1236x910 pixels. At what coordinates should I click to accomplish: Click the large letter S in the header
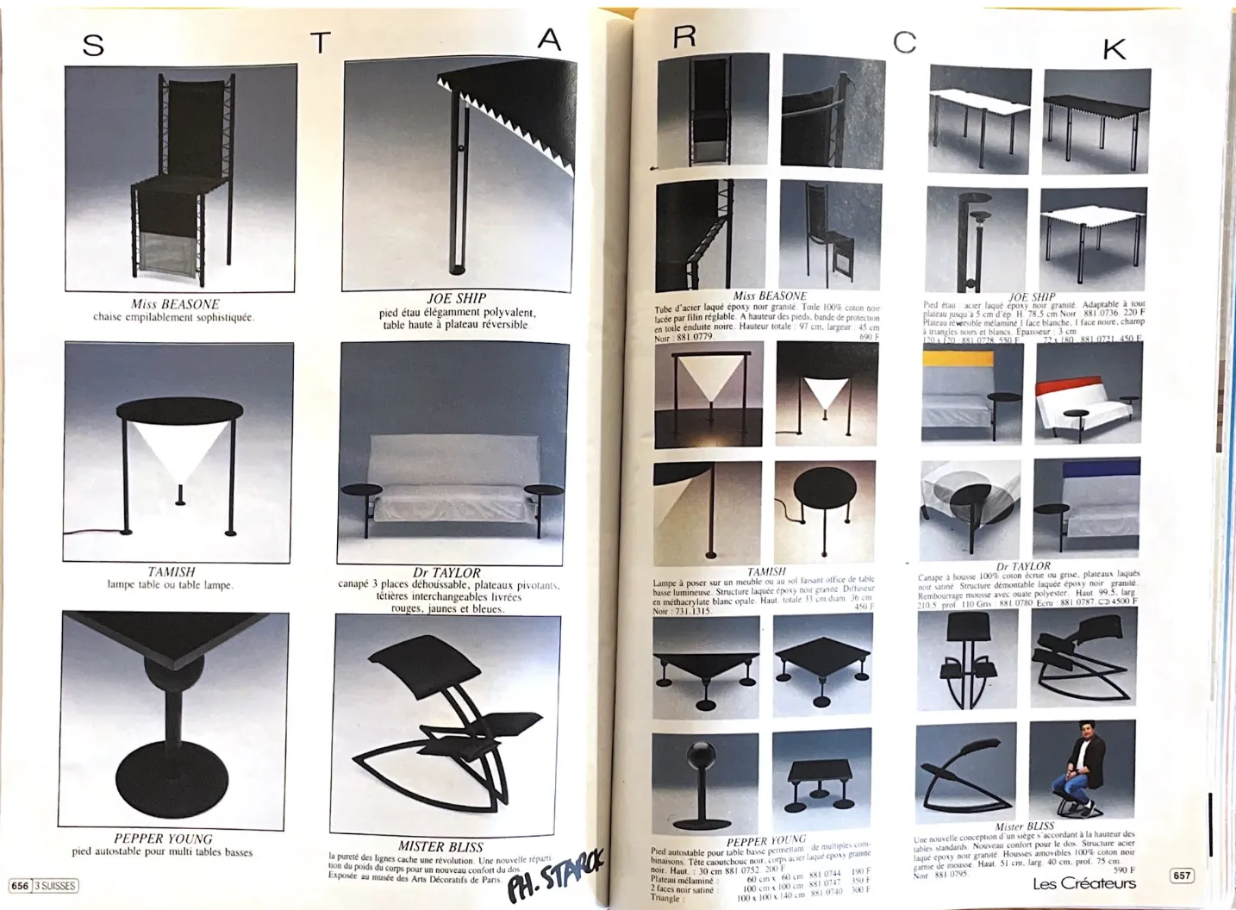(x=93, y=45)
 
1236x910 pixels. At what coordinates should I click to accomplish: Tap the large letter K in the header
(x=1114, y=50)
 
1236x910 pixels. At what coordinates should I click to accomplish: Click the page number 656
(x=20, y=885)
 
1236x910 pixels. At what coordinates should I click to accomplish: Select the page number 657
(x=1181, y=876)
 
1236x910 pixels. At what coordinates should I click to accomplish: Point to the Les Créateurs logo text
(x=1083, y=883)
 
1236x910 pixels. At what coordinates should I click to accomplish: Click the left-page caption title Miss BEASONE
(x=175, y=304)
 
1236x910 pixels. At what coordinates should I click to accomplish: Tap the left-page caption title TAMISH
(x=171, y=571)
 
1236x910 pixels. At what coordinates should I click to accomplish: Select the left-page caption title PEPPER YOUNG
(x=163, y=838)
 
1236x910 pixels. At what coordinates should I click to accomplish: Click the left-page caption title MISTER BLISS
(x=440, y=847)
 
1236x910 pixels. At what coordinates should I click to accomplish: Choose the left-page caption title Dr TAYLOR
(x=446, y=572)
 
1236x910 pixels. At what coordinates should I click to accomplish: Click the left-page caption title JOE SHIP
(x=457, y=298)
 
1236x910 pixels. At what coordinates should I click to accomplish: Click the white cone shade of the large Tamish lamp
(x=181, y=450)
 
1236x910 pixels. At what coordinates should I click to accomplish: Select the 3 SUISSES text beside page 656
(x=55, y=885)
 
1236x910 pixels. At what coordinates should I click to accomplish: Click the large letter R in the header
(x=684, y=36)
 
